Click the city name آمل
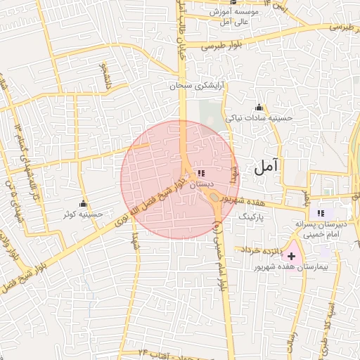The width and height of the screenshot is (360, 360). coord(267,166)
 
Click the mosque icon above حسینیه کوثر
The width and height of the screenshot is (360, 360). coord(84,203)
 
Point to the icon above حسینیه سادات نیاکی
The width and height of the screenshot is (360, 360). coord(259,107)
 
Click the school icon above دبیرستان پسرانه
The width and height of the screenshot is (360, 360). coord(321,213)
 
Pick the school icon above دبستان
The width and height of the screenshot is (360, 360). coord(202,173)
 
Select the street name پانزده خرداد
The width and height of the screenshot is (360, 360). coord(262,250)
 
